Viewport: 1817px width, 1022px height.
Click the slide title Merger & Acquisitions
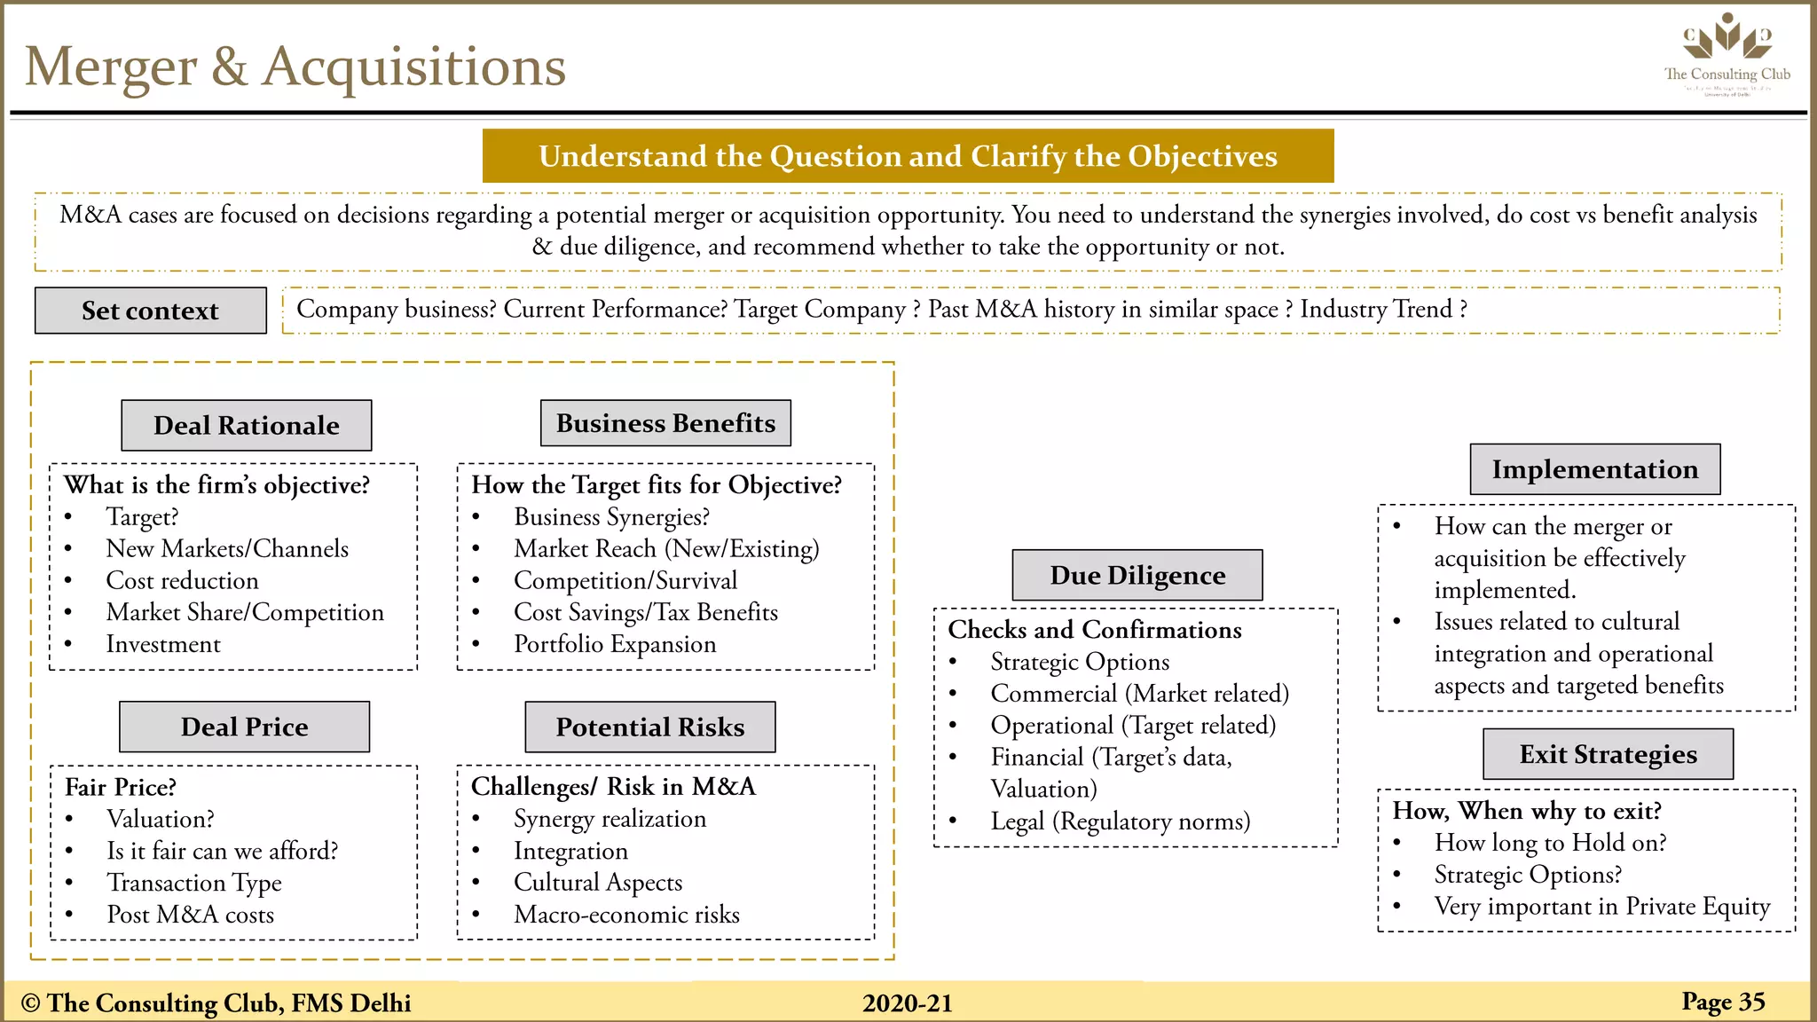point(295,67)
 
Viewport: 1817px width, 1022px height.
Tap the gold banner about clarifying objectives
point(908,156)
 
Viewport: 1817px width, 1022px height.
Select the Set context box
point(150,311)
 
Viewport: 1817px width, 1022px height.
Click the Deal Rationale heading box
point(246,426)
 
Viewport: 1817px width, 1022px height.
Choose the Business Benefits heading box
point(665,423)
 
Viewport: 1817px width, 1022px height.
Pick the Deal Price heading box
point(244,727)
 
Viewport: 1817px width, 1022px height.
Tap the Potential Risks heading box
point(649,727)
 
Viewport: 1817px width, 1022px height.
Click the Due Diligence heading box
point(1137,576)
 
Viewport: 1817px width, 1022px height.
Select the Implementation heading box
point(1594,469)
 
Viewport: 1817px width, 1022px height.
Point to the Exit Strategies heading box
point(1608,754)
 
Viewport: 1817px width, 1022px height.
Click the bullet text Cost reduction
point(182,581)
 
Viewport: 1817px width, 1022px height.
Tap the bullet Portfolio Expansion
point(614,645)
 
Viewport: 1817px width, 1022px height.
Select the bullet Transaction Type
point(193,884)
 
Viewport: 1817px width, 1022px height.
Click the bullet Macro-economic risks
point(626,915)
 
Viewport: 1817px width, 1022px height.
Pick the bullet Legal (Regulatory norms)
point(1120,822)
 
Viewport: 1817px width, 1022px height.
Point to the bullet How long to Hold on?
point(1550,843)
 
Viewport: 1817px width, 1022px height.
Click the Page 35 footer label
point(1723,1002)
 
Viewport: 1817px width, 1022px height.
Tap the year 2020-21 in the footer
point(907,1003)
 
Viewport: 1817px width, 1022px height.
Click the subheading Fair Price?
point(121,788)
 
